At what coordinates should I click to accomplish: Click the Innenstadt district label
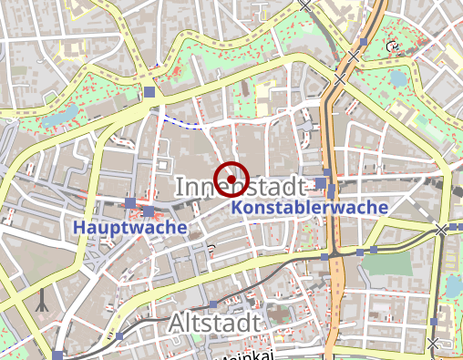[x=239, y=187]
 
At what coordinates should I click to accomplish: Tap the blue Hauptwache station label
[x=131, y=226]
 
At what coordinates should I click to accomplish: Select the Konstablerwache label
[x=310, y=208]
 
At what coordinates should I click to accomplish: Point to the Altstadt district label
[x=214, y=322]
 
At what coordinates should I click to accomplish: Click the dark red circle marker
[x=231, y=179]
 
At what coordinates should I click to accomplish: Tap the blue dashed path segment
[x=182, y=122]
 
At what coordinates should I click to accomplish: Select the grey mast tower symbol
[x=40, y=301]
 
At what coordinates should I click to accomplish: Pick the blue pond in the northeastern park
[x=398, y=78]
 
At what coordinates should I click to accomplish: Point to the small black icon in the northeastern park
[x=393, y=46]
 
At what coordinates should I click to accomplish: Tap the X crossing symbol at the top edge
[x=305, y=5]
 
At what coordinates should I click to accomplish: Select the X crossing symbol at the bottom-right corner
[x=434, y=343]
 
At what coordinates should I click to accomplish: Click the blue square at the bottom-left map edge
[x=59, y=355]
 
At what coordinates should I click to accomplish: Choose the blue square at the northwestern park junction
[x=149, y=92]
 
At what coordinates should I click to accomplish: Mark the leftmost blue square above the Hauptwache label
[x=130, y=202]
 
